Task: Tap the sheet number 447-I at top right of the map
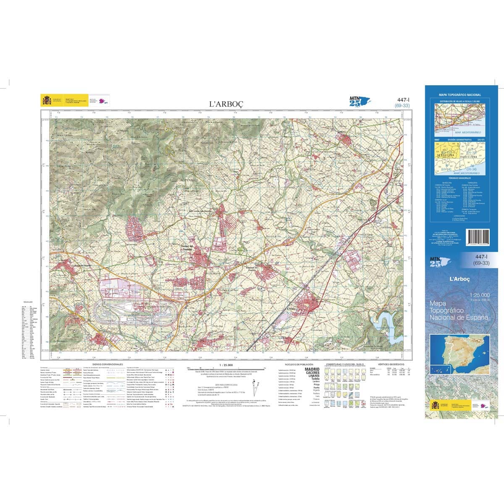tap(403, 100)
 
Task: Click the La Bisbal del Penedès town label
tap(81, 265)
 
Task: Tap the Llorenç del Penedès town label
tap(186, 247)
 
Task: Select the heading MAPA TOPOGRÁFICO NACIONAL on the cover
tap(460, 95)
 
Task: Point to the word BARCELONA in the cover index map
tap(471, 155)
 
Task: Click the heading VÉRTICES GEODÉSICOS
tap(391, 364)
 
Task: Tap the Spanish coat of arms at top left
tap(46, 101)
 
